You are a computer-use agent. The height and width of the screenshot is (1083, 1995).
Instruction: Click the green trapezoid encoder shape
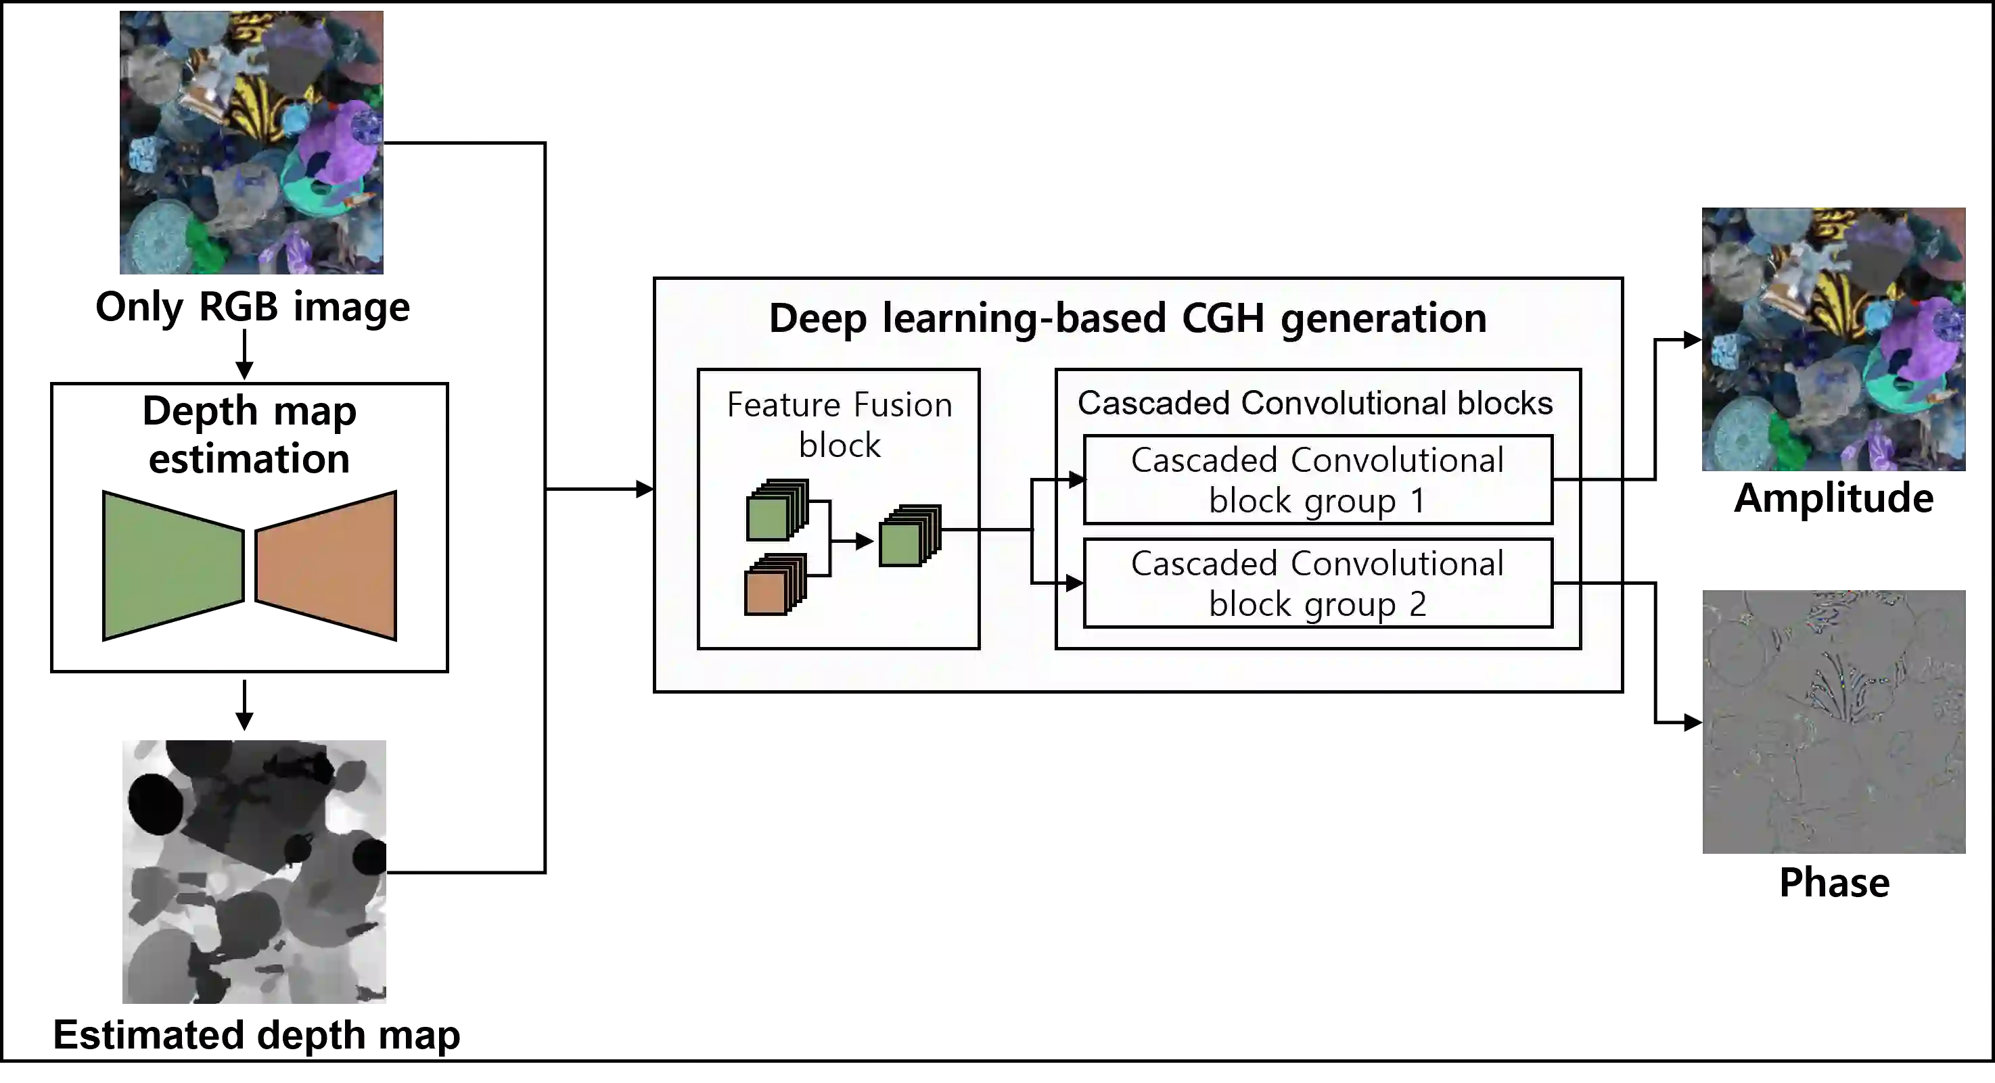click(x=173, y=565)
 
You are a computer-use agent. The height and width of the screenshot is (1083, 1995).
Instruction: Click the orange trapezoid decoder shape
click(x=326, y=565)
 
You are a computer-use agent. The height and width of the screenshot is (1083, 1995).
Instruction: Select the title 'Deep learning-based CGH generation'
click(x=1127, y=318)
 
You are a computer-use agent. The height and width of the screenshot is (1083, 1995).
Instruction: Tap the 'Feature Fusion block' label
click(x=839, y=425)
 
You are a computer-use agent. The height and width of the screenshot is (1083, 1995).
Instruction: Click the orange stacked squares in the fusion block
click(x=774, y=586)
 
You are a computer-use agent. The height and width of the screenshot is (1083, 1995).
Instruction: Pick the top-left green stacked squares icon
click(x=775, y=511)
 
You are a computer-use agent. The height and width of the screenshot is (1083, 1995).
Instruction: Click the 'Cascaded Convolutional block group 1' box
click(x=1317, y=480)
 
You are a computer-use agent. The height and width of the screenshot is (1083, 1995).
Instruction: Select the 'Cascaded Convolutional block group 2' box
click(x=1317, y=583)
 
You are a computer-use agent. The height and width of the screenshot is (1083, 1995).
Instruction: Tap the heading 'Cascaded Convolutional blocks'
click(x=1314, y=404)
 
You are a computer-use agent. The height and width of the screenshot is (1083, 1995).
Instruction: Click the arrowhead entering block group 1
click(x=1076, y=480)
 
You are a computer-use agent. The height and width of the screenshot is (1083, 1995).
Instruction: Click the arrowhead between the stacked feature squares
click(x=865, y=541)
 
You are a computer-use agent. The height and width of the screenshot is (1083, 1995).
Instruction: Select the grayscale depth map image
click(x=254, y=870)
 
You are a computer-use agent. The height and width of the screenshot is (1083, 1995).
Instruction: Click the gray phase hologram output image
click(x=1834, y=721)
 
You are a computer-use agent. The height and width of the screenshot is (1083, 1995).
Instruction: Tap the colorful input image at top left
click(x=252, y=143)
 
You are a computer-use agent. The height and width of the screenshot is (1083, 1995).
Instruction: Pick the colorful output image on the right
click(x=1834, y=341)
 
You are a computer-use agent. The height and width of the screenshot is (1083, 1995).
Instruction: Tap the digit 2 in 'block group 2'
click(x=1417, y=604)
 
